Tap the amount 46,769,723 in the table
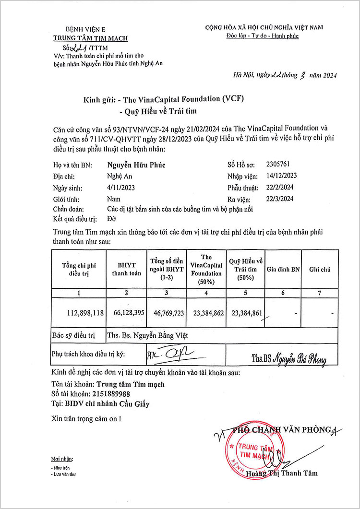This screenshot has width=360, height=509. coord(166,312)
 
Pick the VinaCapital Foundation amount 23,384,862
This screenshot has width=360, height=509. coord(206,312)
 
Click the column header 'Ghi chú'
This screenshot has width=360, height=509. coord(320,270)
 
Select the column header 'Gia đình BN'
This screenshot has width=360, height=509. coord(283,270)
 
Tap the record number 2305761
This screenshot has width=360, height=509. coord(277,164)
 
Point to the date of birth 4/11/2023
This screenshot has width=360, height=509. coord(121,188)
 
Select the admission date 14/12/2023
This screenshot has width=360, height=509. coord(282,176)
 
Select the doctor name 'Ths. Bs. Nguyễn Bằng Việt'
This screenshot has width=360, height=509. coord(147,335)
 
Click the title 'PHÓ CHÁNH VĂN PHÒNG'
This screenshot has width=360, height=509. coord(282,430)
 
